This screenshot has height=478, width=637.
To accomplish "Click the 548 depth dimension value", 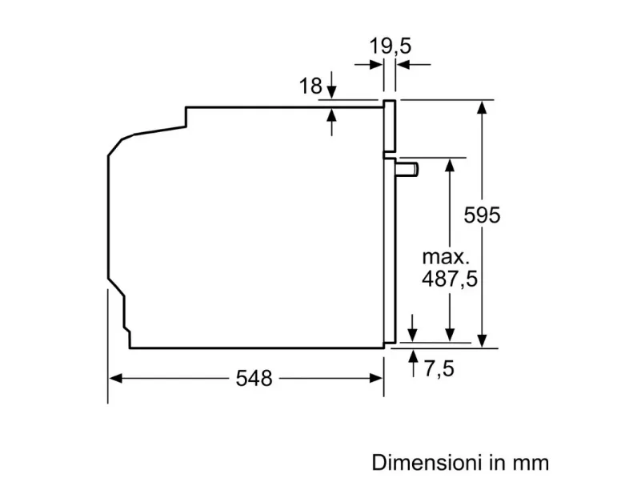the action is pos(254,378).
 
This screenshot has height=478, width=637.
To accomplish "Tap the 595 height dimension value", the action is pos(483,215).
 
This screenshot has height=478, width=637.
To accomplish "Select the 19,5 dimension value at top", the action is pos(390,46).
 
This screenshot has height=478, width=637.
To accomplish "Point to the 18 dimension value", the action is pos(310,86).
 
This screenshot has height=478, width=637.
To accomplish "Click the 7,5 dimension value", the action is pos(439,368).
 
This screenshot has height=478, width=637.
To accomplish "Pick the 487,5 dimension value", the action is pos(450,279).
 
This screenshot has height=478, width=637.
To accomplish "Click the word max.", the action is pos(446,257).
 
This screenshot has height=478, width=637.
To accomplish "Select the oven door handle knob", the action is pos(407,169).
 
